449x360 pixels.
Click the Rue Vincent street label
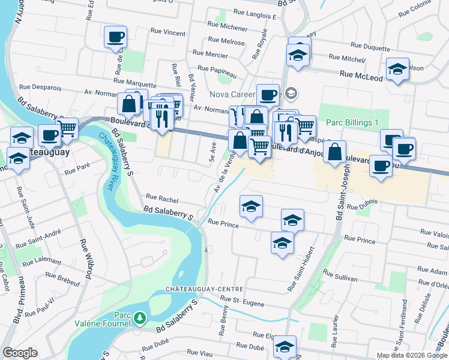pos(169,32)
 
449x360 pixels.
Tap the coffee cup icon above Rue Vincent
pos(115,37)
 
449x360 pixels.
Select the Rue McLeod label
pos(361,76)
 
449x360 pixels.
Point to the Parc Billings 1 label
pos(352,122)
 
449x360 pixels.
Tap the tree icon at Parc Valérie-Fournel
pos(139,317)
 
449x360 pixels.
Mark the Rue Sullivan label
pos(340,279)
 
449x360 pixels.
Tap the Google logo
pos(20,353)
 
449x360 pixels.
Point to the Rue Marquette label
pos(134,80)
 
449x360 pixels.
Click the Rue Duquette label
pos(370,46)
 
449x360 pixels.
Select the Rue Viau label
pos(200,352)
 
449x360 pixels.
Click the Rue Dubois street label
pos(361,202)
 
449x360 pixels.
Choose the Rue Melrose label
pos(226,43)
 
